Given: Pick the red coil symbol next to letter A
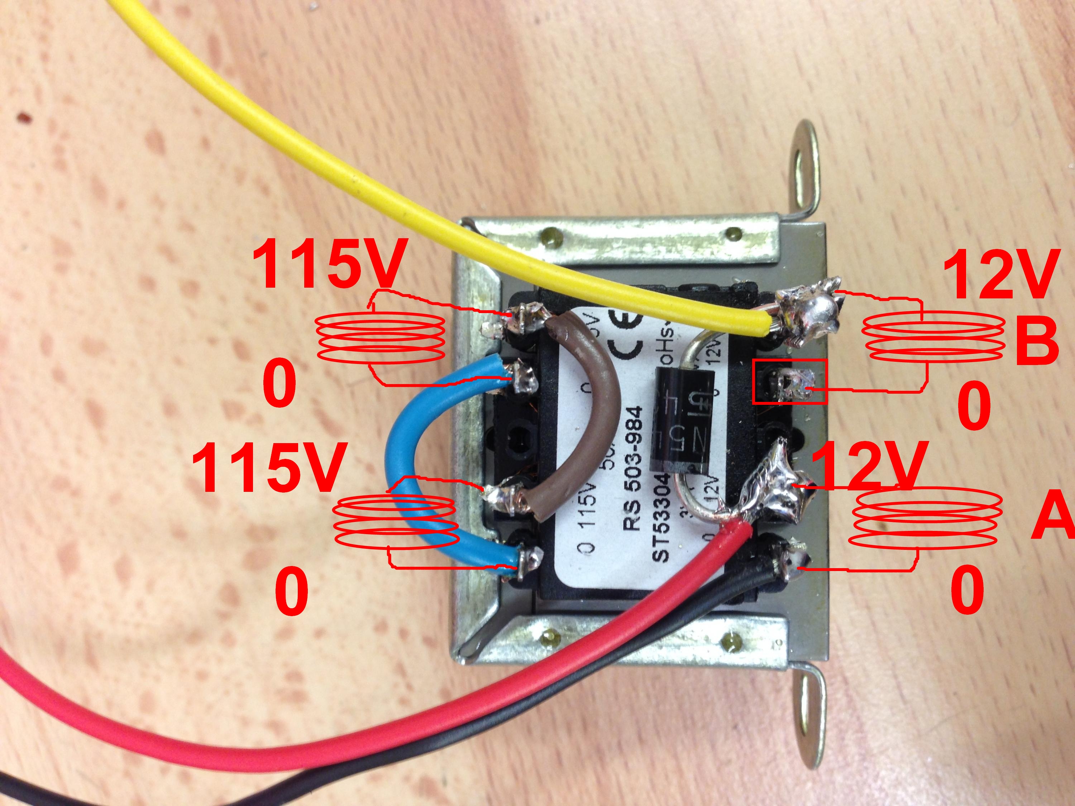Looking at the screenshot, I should [926, 520].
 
